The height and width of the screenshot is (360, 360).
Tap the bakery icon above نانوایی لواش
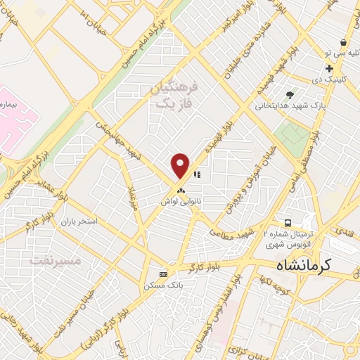pos(181,191)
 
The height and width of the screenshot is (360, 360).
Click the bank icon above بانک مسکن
pos(164,274)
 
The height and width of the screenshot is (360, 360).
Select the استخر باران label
pos(77,221)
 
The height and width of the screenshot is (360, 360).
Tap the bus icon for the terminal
pos(287,221)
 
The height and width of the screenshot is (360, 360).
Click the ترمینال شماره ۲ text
pos(288,233)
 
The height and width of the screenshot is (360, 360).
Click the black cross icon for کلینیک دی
pos(329,68)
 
